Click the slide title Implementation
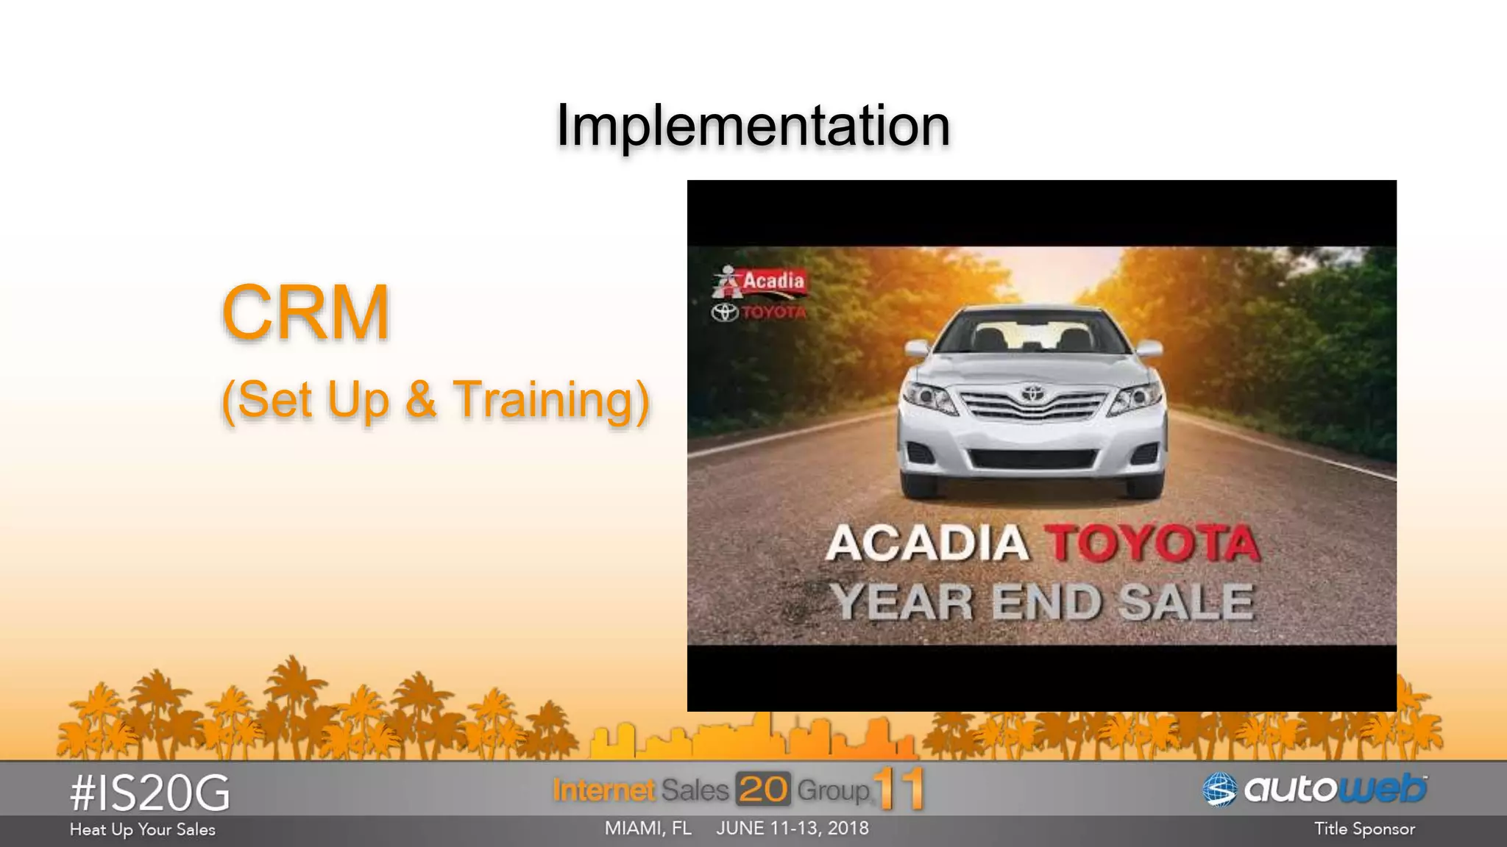[x=753, y=125]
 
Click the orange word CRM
[x=305, y=313]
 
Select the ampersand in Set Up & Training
[x=420, y=400]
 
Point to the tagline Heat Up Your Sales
[x=143, y=830]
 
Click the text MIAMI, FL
[x=648, y=829]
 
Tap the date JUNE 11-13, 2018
[x=792, y=829]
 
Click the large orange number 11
[x=899, y=790]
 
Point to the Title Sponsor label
[x=1364, y=829]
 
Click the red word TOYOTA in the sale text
[x=1152, y=544]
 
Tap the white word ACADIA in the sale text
[x=926, y=544]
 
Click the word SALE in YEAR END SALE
[x=1185, y=603]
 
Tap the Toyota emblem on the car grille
[x=1032, y=393]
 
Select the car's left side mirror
[x=918, y=349]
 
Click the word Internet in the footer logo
[x=603, y=790]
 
